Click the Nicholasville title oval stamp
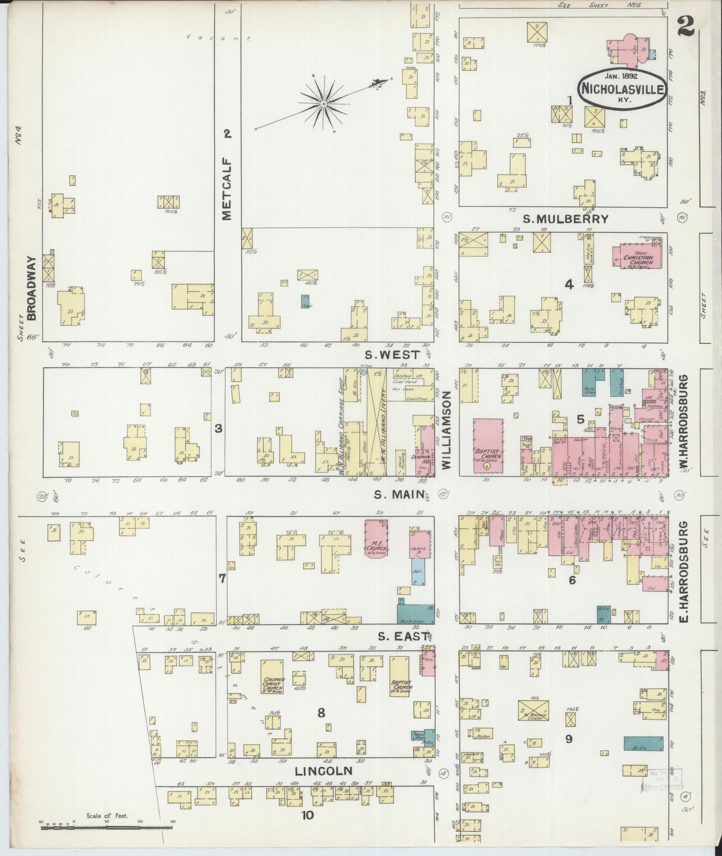[622, 88]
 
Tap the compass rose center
[322, 104]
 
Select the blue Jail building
[419, 571]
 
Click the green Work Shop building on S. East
[415, 614]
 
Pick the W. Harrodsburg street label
[684, 423]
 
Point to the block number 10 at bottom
[308, 815]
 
